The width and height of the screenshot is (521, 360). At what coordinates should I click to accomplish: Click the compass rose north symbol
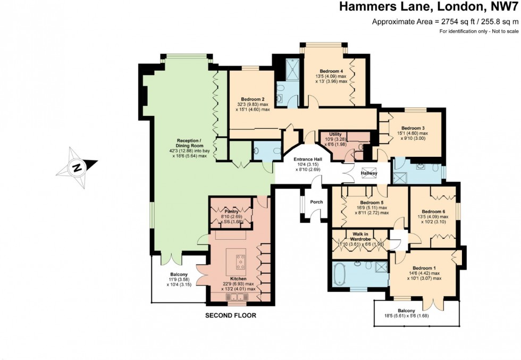click(77, 168)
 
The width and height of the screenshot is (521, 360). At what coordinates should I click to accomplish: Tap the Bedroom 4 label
click(331, 71)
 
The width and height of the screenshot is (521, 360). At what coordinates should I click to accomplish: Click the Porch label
click(316, 202)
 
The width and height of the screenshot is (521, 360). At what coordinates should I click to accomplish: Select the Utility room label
click(335, 135)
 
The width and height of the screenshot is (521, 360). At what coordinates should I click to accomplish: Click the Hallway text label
click(368, 173)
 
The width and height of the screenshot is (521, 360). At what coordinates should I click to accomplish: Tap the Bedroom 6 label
click(433, 212)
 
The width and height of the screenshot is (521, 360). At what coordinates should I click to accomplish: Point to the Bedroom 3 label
click(413, 128)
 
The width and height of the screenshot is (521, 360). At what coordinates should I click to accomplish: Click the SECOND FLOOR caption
click(231, 315)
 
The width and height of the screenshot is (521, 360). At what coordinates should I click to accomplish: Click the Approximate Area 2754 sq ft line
click(445, 22)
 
